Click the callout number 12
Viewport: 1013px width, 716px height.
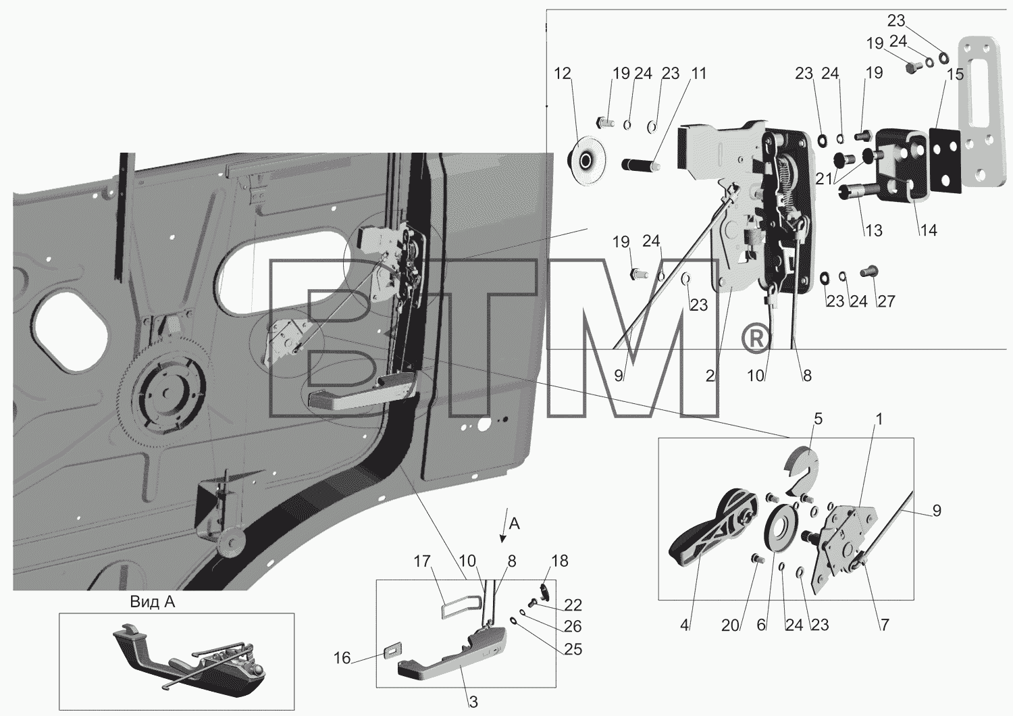click(563, 73)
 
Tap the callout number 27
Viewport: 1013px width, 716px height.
click(886, 301)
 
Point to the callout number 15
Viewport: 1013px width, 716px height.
click(955, 74)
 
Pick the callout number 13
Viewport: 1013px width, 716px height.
click(874, 231)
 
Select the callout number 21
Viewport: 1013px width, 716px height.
click(825, 179)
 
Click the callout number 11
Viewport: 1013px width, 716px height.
click(699, 73)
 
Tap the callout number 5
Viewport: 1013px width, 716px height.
click(818, 419)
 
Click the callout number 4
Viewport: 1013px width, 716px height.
click(684, 625)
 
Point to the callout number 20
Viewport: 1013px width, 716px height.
click(730, 625)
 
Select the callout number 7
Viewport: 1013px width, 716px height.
click(884, 625)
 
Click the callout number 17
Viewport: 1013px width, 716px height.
click(422, 561)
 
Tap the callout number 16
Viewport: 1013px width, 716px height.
click(342, 658)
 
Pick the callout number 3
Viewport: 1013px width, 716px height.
click(473, 702)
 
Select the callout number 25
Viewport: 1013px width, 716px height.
click(573, 650)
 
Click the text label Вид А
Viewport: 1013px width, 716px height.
click(153, 602)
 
